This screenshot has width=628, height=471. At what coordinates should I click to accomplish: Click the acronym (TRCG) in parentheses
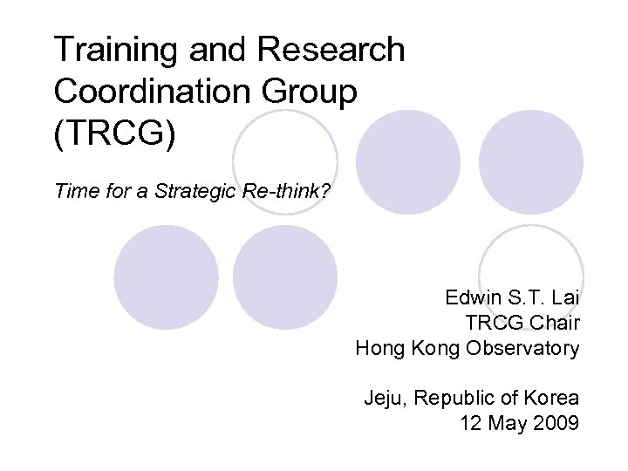(x=113, y=132)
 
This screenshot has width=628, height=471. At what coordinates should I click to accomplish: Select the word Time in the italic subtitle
(x=72, y=191)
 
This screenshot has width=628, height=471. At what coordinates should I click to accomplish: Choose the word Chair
(x=555, y=323)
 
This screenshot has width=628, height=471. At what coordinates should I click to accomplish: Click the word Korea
(x=549, y=399)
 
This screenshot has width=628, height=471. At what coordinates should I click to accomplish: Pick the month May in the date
(x=507, y=424)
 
